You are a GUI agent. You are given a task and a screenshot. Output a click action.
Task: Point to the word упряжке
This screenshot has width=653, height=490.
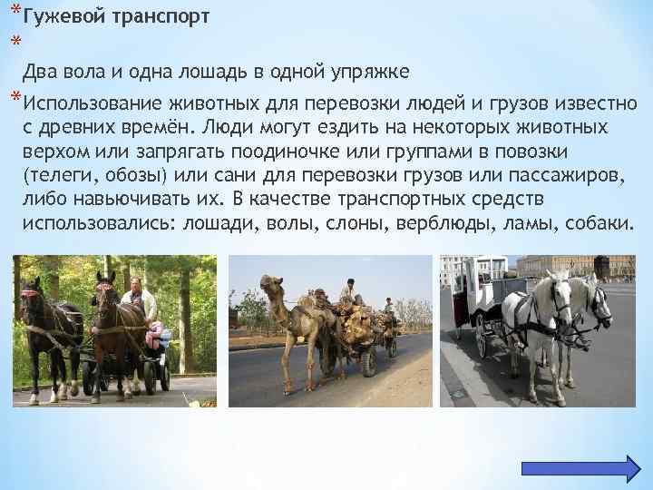coord(371,72)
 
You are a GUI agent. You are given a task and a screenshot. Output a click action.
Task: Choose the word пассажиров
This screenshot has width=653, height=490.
coord(560,173)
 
